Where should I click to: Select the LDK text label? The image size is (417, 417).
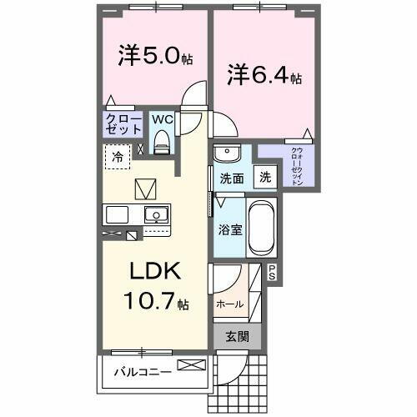coord(154,274)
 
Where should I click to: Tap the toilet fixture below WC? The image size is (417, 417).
coord(163,143)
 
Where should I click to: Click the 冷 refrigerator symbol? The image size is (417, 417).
coord(118,156)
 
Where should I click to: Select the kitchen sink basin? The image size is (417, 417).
coord(156,215)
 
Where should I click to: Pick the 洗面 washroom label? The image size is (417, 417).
coord(231,178)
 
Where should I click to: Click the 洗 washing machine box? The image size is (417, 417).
coord(264,177)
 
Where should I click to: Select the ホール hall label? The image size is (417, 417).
coord(229,304)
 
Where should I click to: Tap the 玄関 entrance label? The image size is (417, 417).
coord(239,337)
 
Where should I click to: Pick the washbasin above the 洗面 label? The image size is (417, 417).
coord(226,154)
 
